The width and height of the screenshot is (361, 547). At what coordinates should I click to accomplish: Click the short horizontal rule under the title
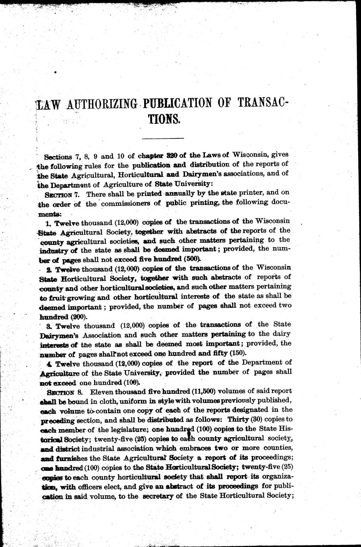pyautogui.click(x=162, y=137)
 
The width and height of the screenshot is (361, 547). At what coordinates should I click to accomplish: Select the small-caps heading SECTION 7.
pyautogui.click(x=59, y=195)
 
